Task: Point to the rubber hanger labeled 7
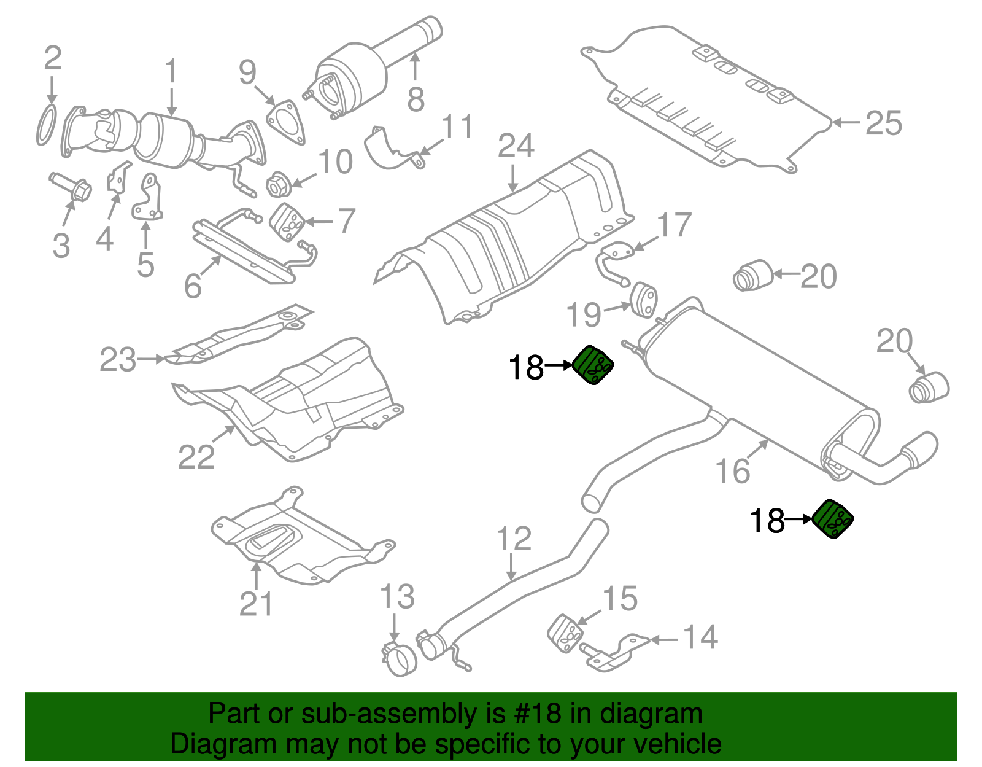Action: [287, 223]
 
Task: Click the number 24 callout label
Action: [516, 146]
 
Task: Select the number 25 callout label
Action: [884, 123]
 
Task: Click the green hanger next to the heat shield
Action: [593, 365]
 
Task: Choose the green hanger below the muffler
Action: [833, 520]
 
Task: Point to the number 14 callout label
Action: [700, 637]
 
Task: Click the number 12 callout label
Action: [514, 539]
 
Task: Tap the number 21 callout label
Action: [255, 604]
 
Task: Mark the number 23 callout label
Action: [118, 360]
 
